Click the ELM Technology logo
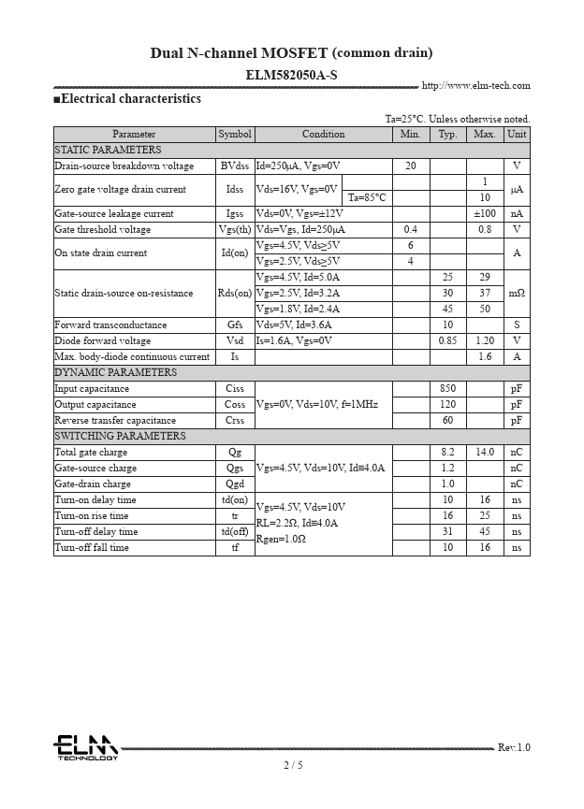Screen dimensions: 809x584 point(85,747)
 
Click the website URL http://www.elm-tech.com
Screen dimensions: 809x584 point(475,86)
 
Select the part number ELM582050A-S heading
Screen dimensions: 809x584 point(291,74)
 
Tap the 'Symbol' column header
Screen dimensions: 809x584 point(235,135)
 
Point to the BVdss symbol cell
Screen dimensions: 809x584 point(235,166)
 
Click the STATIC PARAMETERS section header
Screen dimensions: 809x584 point(108,151)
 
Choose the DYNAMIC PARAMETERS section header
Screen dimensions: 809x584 point(115,373)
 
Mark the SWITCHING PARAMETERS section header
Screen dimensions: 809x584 point(120,437)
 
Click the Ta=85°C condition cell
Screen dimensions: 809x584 point(367,198)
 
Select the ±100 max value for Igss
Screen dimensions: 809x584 point(484,214)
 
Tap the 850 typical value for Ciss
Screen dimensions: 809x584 point(447,389)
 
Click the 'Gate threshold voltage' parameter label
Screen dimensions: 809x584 point(102,230)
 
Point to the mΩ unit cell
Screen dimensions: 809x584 point(516,294)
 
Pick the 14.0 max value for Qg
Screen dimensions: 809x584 point(484,453)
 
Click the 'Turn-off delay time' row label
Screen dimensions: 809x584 point(95,532)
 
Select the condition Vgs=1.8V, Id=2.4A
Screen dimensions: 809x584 point(298,310)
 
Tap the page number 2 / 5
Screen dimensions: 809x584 point(293,765)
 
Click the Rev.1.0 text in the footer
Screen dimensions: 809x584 point(513,747)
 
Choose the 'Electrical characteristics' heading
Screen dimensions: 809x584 point(130,99)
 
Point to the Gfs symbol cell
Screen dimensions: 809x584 point(235,325)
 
